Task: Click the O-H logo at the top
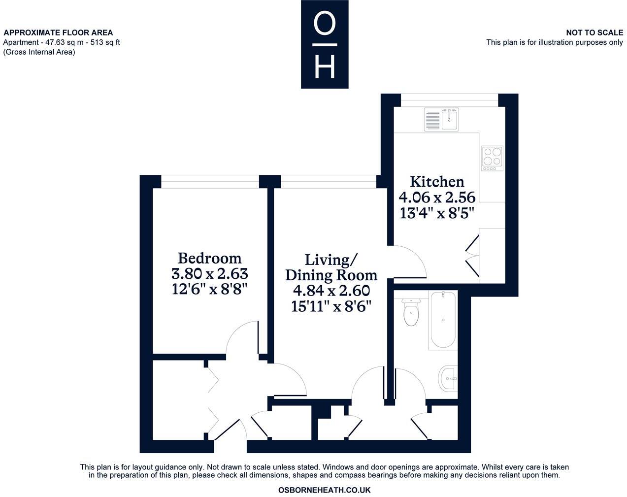325,44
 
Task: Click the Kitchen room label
437,181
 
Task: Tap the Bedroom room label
209,258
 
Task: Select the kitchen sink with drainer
441,120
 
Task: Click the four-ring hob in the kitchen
492,157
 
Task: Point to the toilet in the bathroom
410,312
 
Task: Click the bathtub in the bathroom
443,319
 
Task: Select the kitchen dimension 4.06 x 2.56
437,198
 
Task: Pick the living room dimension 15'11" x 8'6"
331,306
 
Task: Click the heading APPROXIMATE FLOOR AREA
58,33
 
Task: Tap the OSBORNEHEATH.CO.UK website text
324,490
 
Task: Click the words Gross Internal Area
39,52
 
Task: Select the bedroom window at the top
210,182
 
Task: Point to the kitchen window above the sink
449,100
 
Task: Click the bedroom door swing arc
241,337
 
